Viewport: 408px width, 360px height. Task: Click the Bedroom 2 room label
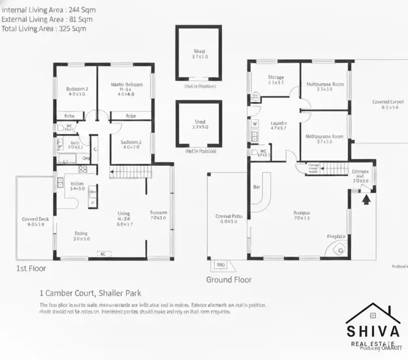click(x=77, y=89)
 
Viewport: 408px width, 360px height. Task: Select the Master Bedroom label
click(x=126, y=85)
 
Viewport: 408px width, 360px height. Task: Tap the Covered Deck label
click(x=35, y=220)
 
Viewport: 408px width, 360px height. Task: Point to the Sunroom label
click(x=159, y=213)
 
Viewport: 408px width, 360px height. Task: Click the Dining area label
click(x=81, y=234)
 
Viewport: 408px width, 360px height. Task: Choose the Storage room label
click(x=276, y=77)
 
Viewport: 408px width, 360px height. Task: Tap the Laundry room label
click(x=279, y=123)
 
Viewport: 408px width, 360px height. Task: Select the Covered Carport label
click(x=388, y=102)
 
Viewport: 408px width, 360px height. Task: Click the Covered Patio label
click(x=228, y=216)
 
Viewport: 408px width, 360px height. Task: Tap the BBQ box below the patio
click(x=221, y=265)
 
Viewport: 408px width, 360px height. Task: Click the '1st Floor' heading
click(x=31, y=268)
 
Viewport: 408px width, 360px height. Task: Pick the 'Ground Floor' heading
click(x=228, y=280)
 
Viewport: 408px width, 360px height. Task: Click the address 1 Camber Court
click(x=91, y=291)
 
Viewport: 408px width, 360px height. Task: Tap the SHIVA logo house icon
click(x=374, y=315)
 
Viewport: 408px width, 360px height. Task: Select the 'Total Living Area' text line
click(x=44, y=28)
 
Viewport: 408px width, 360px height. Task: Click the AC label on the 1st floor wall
click(x=102, y=253)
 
